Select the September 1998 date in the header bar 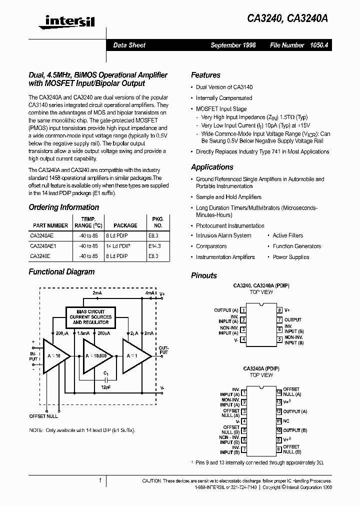(x=233, y=45)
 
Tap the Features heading (x=205, y=75)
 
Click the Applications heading (x=212, y=167)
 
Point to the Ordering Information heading (x=63, y=207)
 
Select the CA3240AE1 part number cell (x=43, y=246)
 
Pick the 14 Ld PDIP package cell (x=117, y=246)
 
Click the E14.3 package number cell (x=154, y=246)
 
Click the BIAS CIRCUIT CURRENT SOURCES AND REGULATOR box (x=90, y=317)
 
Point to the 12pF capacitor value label (x=105, y=387)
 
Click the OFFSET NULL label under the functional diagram (x=43, y=416)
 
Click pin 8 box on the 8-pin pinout (x=280, y=310)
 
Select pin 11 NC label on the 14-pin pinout (x=286, y=421)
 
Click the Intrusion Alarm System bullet (x=223, y=235)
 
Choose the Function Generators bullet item (x=296, y=246)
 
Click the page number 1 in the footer (x=100, y=481)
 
